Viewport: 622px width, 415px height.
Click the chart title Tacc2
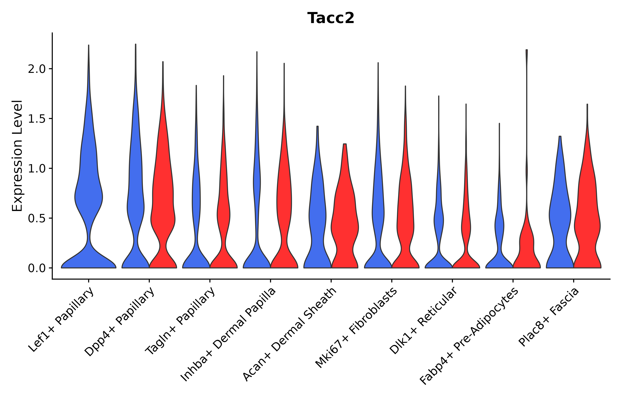coord(331,18)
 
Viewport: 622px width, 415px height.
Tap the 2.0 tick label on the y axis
coord(36,69)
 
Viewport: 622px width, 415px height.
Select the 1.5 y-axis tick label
coord(36,119)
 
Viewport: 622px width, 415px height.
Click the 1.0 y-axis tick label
coord(36,169)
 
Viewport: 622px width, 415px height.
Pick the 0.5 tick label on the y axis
coord(36,218)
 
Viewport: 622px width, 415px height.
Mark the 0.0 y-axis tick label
coord(36,268)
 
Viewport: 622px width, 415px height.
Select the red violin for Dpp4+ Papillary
coord(163,212)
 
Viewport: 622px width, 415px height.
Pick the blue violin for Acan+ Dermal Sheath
coord(317,212)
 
